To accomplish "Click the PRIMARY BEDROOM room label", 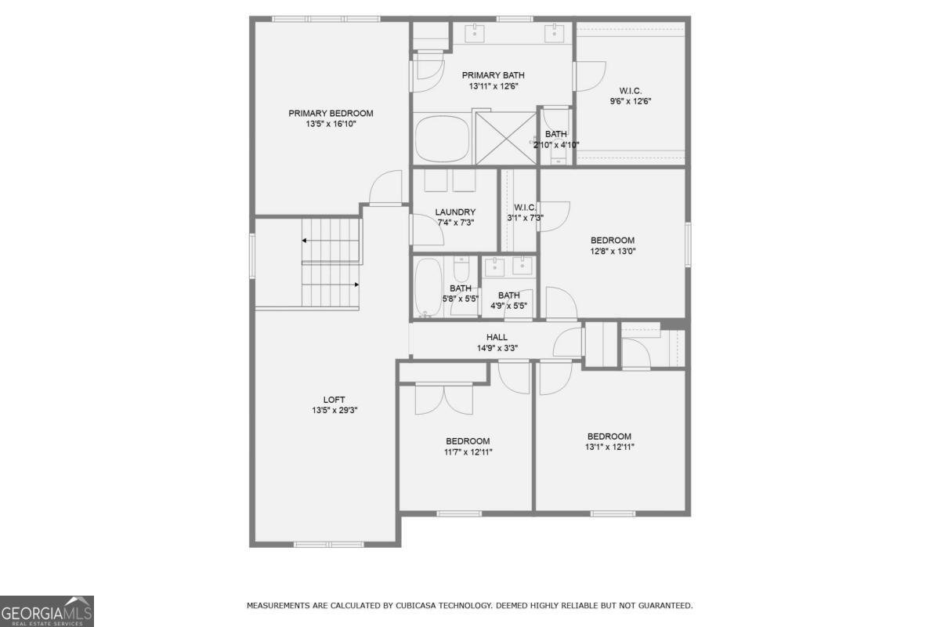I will [x=331, y=114].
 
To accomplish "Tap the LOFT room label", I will [x=334, y=400].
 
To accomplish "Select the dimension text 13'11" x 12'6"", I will [x=493, y=86].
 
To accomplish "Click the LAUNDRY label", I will [x=455, y=212].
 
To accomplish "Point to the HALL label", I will [x=497, y=338].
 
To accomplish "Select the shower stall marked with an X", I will [x=505, y=139].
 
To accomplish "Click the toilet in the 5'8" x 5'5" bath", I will [x=461, y=271].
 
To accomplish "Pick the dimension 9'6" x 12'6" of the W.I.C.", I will [x=631, y=101].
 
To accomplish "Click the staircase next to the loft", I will [x=331, y=263].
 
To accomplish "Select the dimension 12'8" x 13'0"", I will [x=613, y=252].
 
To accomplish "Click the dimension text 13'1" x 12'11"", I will [x=609, y=447].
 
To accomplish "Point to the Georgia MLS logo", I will [x=47, y=611].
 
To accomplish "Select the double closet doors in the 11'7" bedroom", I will [x=444, y=400].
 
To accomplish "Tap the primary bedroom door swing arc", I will [x=385, y=188].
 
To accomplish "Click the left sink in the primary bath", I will [x=475, y=32].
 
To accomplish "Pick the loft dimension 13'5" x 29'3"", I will [x=334, y=410].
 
